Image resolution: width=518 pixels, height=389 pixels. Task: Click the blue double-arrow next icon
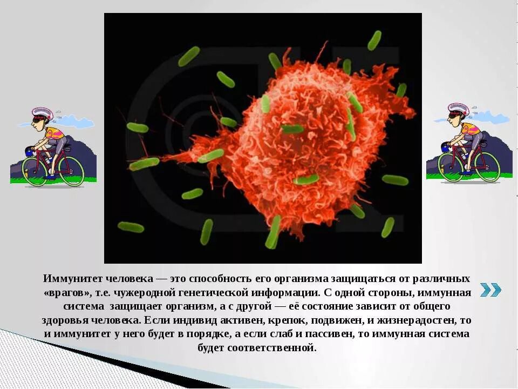click(x=490, y=290)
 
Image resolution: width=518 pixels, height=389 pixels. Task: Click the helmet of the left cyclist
click(x=42, y=113)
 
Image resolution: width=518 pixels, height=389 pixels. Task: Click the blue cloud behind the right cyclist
click(x=493, y=117)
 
